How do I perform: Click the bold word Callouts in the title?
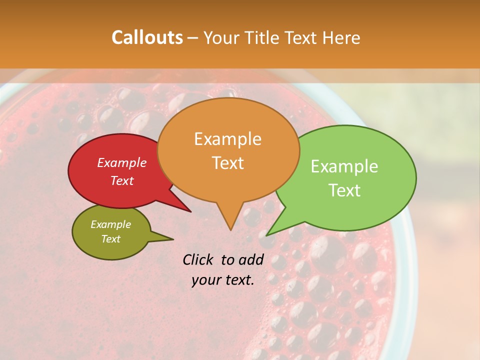pyautogui.click(x=147, y=37)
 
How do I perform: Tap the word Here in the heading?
pyautogui.click(x=341, y=37)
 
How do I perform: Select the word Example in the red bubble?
pyautogui.click(x=121, y=162)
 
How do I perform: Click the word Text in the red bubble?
pyautogui.click(x=121, y=180)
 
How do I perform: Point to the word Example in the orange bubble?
pyautogui.click(x=227, y=139)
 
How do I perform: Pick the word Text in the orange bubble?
pyautogui.click(x=227, y=163)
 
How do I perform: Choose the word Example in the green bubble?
pyautogui.click(x=344, y=166)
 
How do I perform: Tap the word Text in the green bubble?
pyautogui.click(x=344, y=190)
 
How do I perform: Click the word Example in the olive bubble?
pyautogui.click(x=110, y=224)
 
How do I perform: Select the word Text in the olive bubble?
pyautogui.click(x=110, y=239)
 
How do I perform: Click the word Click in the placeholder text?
pyautogui.click(x=199, y=259)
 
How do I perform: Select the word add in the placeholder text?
pyautogui.click(x=251, y=259)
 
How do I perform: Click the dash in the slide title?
pyautogui.click(x=193, y=38)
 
